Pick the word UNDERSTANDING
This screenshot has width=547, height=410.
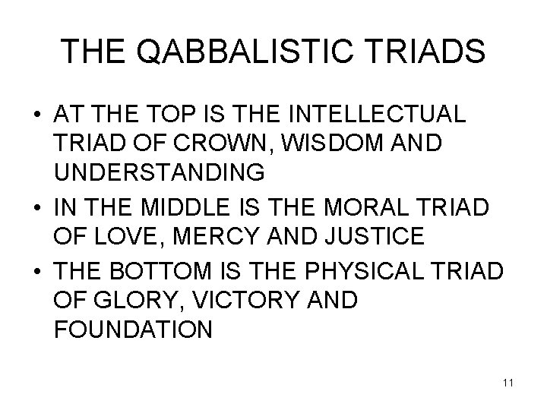pyautogui.click(x=160, y=173)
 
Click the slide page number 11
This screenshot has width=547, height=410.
pyautogui.click(x=508, y=383)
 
